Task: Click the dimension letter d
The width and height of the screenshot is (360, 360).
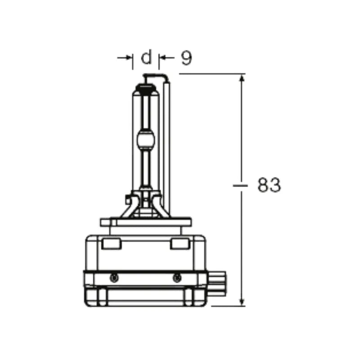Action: pos(147,58)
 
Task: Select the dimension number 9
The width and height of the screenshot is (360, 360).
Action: pos(186,58)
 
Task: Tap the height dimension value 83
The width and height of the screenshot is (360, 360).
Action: pos(269,185)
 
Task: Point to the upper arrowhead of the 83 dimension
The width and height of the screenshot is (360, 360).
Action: pos(242,78)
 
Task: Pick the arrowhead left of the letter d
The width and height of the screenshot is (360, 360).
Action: pos(130,58)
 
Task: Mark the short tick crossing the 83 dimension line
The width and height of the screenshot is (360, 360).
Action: pos(242,185)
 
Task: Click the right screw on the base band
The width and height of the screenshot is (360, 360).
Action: pos(176,278)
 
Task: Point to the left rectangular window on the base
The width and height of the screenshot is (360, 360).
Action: pos(111,244)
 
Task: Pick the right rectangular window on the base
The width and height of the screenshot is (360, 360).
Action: pos(179,244)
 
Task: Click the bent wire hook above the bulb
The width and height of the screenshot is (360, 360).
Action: pos(155,75)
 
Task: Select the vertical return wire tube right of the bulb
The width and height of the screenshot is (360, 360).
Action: pos(166,144)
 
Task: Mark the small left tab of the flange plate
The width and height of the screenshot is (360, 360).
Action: pos(104,222)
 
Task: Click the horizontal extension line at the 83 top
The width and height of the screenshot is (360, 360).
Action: pos(211,73)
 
